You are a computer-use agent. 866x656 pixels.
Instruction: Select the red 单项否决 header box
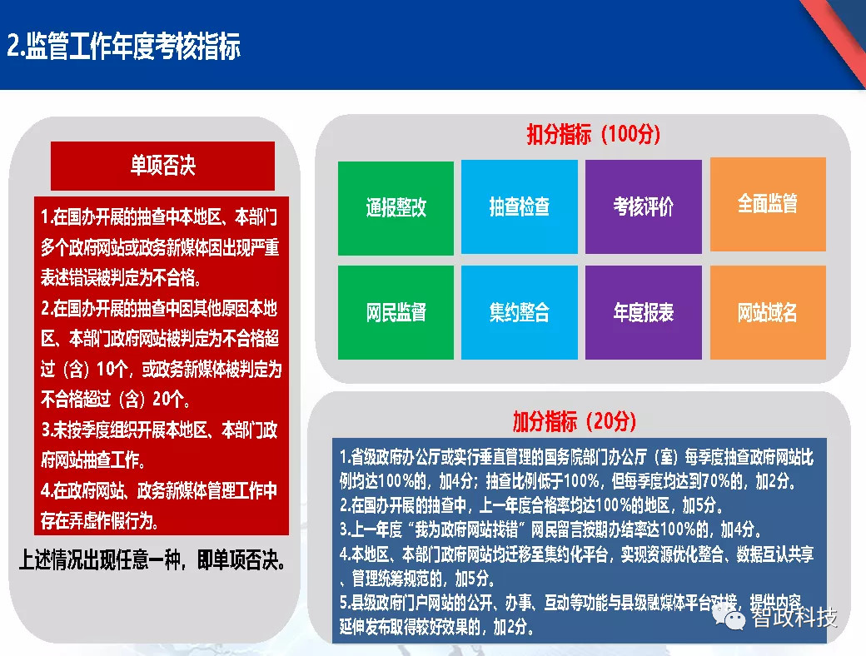tap(162, 166)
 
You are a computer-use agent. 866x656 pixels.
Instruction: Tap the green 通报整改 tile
tap(396, 207)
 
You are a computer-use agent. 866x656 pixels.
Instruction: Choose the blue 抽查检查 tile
tap(519, 207)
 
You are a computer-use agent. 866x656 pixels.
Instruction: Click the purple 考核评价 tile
tap(643, 207)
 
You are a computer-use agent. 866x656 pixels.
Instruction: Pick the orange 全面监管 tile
tap(767, 204)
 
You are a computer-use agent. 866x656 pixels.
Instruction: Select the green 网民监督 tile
tap(396, 313)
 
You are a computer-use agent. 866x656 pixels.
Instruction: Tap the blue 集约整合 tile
tap(519, 313)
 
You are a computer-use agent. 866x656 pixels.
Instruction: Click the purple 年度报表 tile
tap(643, 313)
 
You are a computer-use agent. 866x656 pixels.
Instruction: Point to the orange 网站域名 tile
tap(767, 313)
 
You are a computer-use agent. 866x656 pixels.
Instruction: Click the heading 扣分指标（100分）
tap(593, 135)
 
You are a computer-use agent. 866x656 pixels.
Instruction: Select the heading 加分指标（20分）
tap(575, 422)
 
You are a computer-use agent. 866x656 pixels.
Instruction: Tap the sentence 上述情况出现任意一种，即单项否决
tap(153, 559)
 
